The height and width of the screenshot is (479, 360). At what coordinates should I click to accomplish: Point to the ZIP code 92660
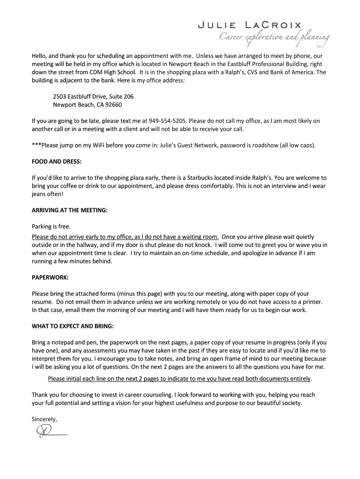point(114,105)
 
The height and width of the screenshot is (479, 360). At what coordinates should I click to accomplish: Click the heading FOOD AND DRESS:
point(57,161)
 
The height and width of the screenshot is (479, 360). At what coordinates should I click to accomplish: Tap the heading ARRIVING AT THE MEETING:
point(70,210)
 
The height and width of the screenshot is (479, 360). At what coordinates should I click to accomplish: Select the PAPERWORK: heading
point(50,277)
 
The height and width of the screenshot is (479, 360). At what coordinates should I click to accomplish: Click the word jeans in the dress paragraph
point(39,194)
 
